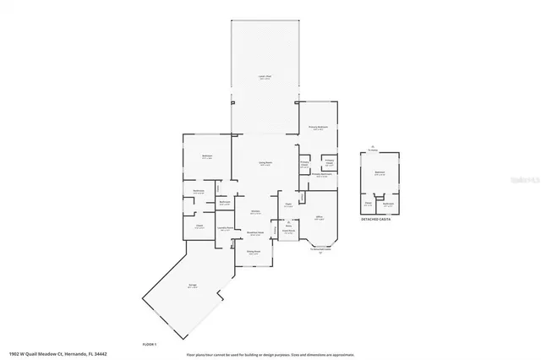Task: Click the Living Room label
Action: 265,164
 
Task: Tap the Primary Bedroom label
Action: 318,128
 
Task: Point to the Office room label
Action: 320,217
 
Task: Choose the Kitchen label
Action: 254,212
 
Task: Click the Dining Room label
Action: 253,252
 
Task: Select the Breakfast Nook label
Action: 255,233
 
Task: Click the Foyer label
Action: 288,204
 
